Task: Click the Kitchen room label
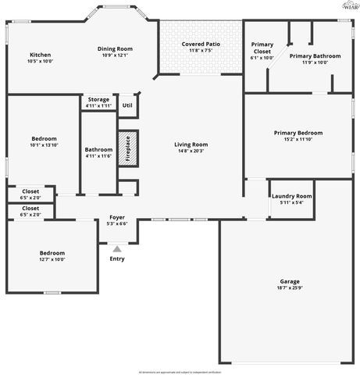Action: [40, 55]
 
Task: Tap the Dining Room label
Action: [115, 49]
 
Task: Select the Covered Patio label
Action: [201, 45]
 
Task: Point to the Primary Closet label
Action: [262, 45]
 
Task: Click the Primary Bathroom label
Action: [314, 56]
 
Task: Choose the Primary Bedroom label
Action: [298, 133]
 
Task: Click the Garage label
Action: [290, 281]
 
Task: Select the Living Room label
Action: [191, 145]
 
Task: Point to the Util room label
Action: [127, 105]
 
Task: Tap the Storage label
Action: [98, 99]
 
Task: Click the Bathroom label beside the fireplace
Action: [98, 149]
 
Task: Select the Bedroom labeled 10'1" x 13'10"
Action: [44, 138]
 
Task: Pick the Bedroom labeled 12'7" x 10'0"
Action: [52, 253]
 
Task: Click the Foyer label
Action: [116, 218]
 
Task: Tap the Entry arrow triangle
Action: [116, 248]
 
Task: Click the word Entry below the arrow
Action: [116, 259]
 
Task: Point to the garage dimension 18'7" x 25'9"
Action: [290, 288]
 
